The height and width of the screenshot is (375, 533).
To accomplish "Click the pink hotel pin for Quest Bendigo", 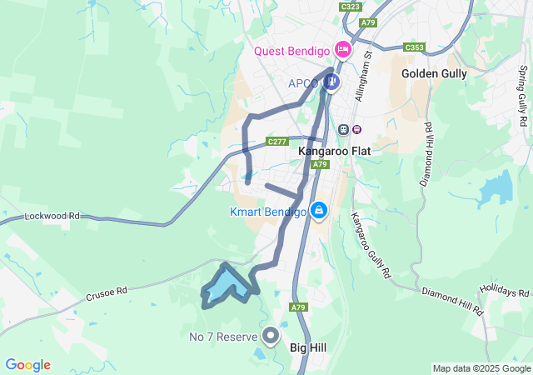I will click(x=341, y=49).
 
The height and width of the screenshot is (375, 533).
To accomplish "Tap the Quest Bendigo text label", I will click(x=292, y=51).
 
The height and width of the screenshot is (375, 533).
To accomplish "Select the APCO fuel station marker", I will click(x=332, y=82).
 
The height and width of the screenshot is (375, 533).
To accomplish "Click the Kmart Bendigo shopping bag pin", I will click(x=318, y=210).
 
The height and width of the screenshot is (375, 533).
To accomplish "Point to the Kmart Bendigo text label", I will click(x=268, y=212).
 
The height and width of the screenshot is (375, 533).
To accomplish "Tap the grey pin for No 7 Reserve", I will click(x=271, y=336).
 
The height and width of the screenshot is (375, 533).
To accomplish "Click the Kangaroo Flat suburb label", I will click(x=334, y=152).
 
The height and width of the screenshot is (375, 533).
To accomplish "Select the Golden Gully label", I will click(x=434, y=73).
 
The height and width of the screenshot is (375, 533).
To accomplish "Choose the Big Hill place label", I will click(x=307, y=347).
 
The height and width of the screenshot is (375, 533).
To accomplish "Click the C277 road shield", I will click(x=277, y=142).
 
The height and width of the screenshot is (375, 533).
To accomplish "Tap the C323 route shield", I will click(x=351, y=7).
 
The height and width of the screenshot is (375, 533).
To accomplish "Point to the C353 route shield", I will click(x=415, y=47).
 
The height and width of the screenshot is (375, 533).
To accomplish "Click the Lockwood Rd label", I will click(x=52, y=216).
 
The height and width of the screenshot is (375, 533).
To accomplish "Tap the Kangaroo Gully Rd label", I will click(x=371, y=245).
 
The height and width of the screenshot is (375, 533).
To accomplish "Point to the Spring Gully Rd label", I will click(x=522, y=96).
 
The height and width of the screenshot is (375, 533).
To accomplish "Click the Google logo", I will click(x=27, y=365).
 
